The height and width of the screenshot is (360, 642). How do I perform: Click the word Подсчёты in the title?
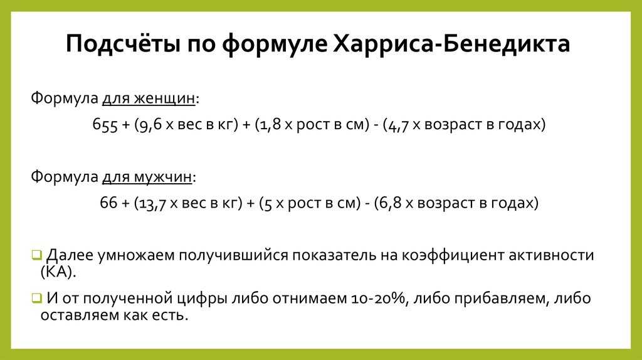coord(123,43)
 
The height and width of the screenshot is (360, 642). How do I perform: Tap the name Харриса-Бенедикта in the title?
coord(451,43)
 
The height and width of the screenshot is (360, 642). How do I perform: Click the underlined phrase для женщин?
coord(149,98)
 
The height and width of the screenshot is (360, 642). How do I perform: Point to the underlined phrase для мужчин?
coord(147,177)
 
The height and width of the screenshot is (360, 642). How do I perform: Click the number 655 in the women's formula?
coord(105,125)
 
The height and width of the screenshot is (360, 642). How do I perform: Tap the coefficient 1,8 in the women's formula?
coord(270,125)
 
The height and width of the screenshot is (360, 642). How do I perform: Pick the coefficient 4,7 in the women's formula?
coord(398,125)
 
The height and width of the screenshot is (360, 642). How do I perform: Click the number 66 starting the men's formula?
coord(108,203)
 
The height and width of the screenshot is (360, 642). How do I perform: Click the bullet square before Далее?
coord(37,255)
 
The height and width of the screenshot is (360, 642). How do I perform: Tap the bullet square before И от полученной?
coord(37,298)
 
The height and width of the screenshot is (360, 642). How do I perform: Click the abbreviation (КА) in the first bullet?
coord(58,272)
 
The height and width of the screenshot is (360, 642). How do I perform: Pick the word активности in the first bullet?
coord(552,255)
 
